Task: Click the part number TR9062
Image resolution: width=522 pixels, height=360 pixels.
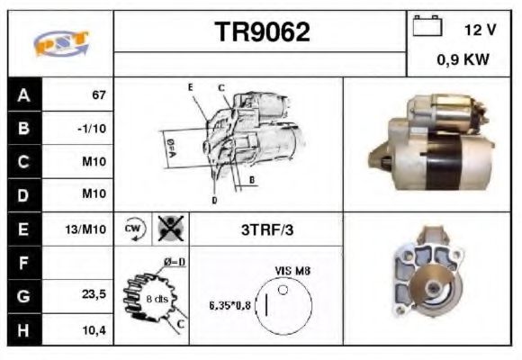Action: click(x=262, y=33)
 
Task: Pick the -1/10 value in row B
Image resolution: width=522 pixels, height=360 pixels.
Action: click(x=92, y=129)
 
